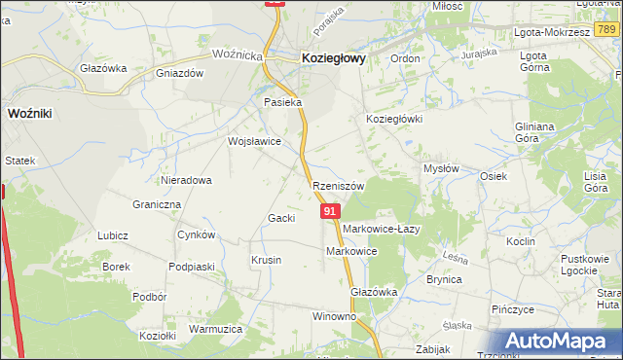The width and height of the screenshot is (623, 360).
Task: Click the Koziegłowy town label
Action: [x=334, y=58]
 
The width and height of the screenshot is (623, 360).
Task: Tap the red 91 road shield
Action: [x=330, y=211]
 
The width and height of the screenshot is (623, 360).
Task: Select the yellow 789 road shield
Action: [x=605, y=31]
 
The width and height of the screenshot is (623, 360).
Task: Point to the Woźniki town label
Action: [x=29, y=114]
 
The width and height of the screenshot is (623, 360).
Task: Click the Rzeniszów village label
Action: [x=338, y=186]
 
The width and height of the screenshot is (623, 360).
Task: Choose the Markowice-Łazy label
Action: [x=381, y=229]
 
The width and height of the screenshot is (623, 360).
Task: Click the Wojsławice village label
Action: [x=254, y=141]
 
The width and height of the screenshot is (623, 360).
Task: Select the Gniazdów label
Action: [x=179, y=73]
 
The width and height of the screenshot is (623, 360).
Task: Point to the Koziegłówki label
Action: [x=393, y=119]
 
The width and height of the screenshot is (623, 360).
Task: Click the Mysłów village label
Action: [x=441, y=168]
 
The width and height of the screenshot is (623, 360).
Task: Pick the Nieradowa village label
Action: [x=187, y=180]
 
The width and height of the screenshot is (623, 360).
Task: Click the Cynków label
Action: [x=196, y=235]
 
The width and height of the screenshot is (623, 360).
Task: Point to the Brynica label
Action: [x=443, y=279]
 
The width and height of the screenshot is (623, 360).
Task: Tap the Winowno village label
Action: [x=334, y=317]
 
